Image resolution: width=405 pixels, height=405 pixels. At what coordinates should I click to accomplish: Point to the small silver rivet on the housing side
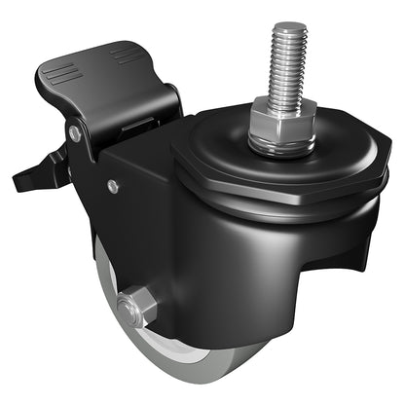[114, 186]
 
